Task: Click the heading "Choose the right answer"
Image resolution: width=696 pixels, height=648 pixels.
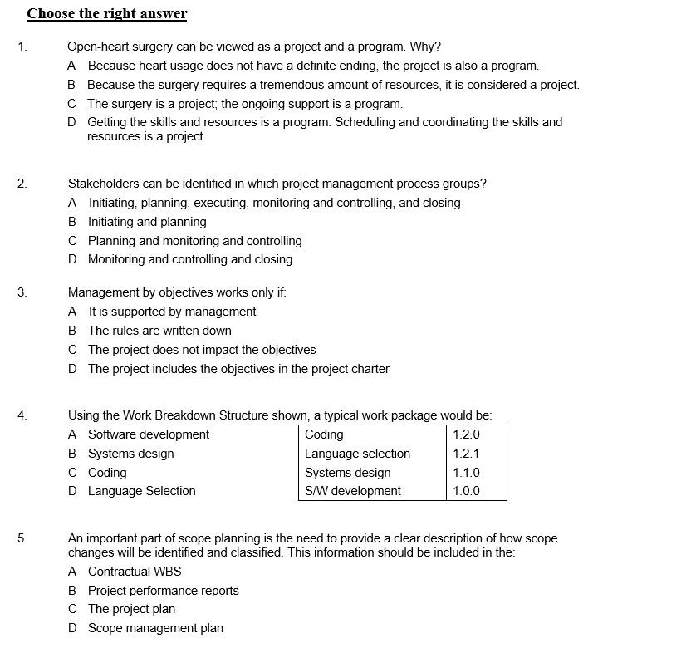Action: coord(106,14)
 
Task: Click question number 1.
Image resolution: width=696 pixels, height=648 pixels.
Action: coord(22,47)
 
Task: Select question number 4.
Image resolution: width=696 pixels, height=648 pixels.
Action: coord(22,415)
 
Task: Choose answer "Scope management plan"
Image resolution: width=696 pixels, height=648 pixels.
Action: coord(155,628)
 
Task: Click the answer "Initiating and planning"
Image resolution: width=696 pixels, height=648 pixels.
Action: coord(147,222)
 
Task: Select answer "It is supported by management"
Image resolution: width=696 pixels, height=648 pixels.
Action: coord(172,312)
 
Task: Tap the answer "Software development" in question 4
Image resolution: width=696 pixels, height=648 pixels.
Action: coord(149,434)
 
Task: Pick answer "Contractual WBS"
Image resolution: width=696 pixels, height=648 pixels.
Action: coord(135,572)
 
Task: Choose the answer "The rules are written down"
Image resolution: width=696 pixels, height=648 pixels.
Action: coord(159,331)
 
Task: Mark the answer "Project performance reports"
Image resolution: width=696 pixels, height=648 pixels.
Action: coord(163,591)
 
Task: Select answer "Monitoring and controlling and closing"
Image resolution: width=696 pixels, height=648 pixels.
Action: coord(190,259)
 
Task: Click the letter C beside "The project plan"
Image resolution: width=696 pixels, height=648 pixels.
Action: coord(72,609)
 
